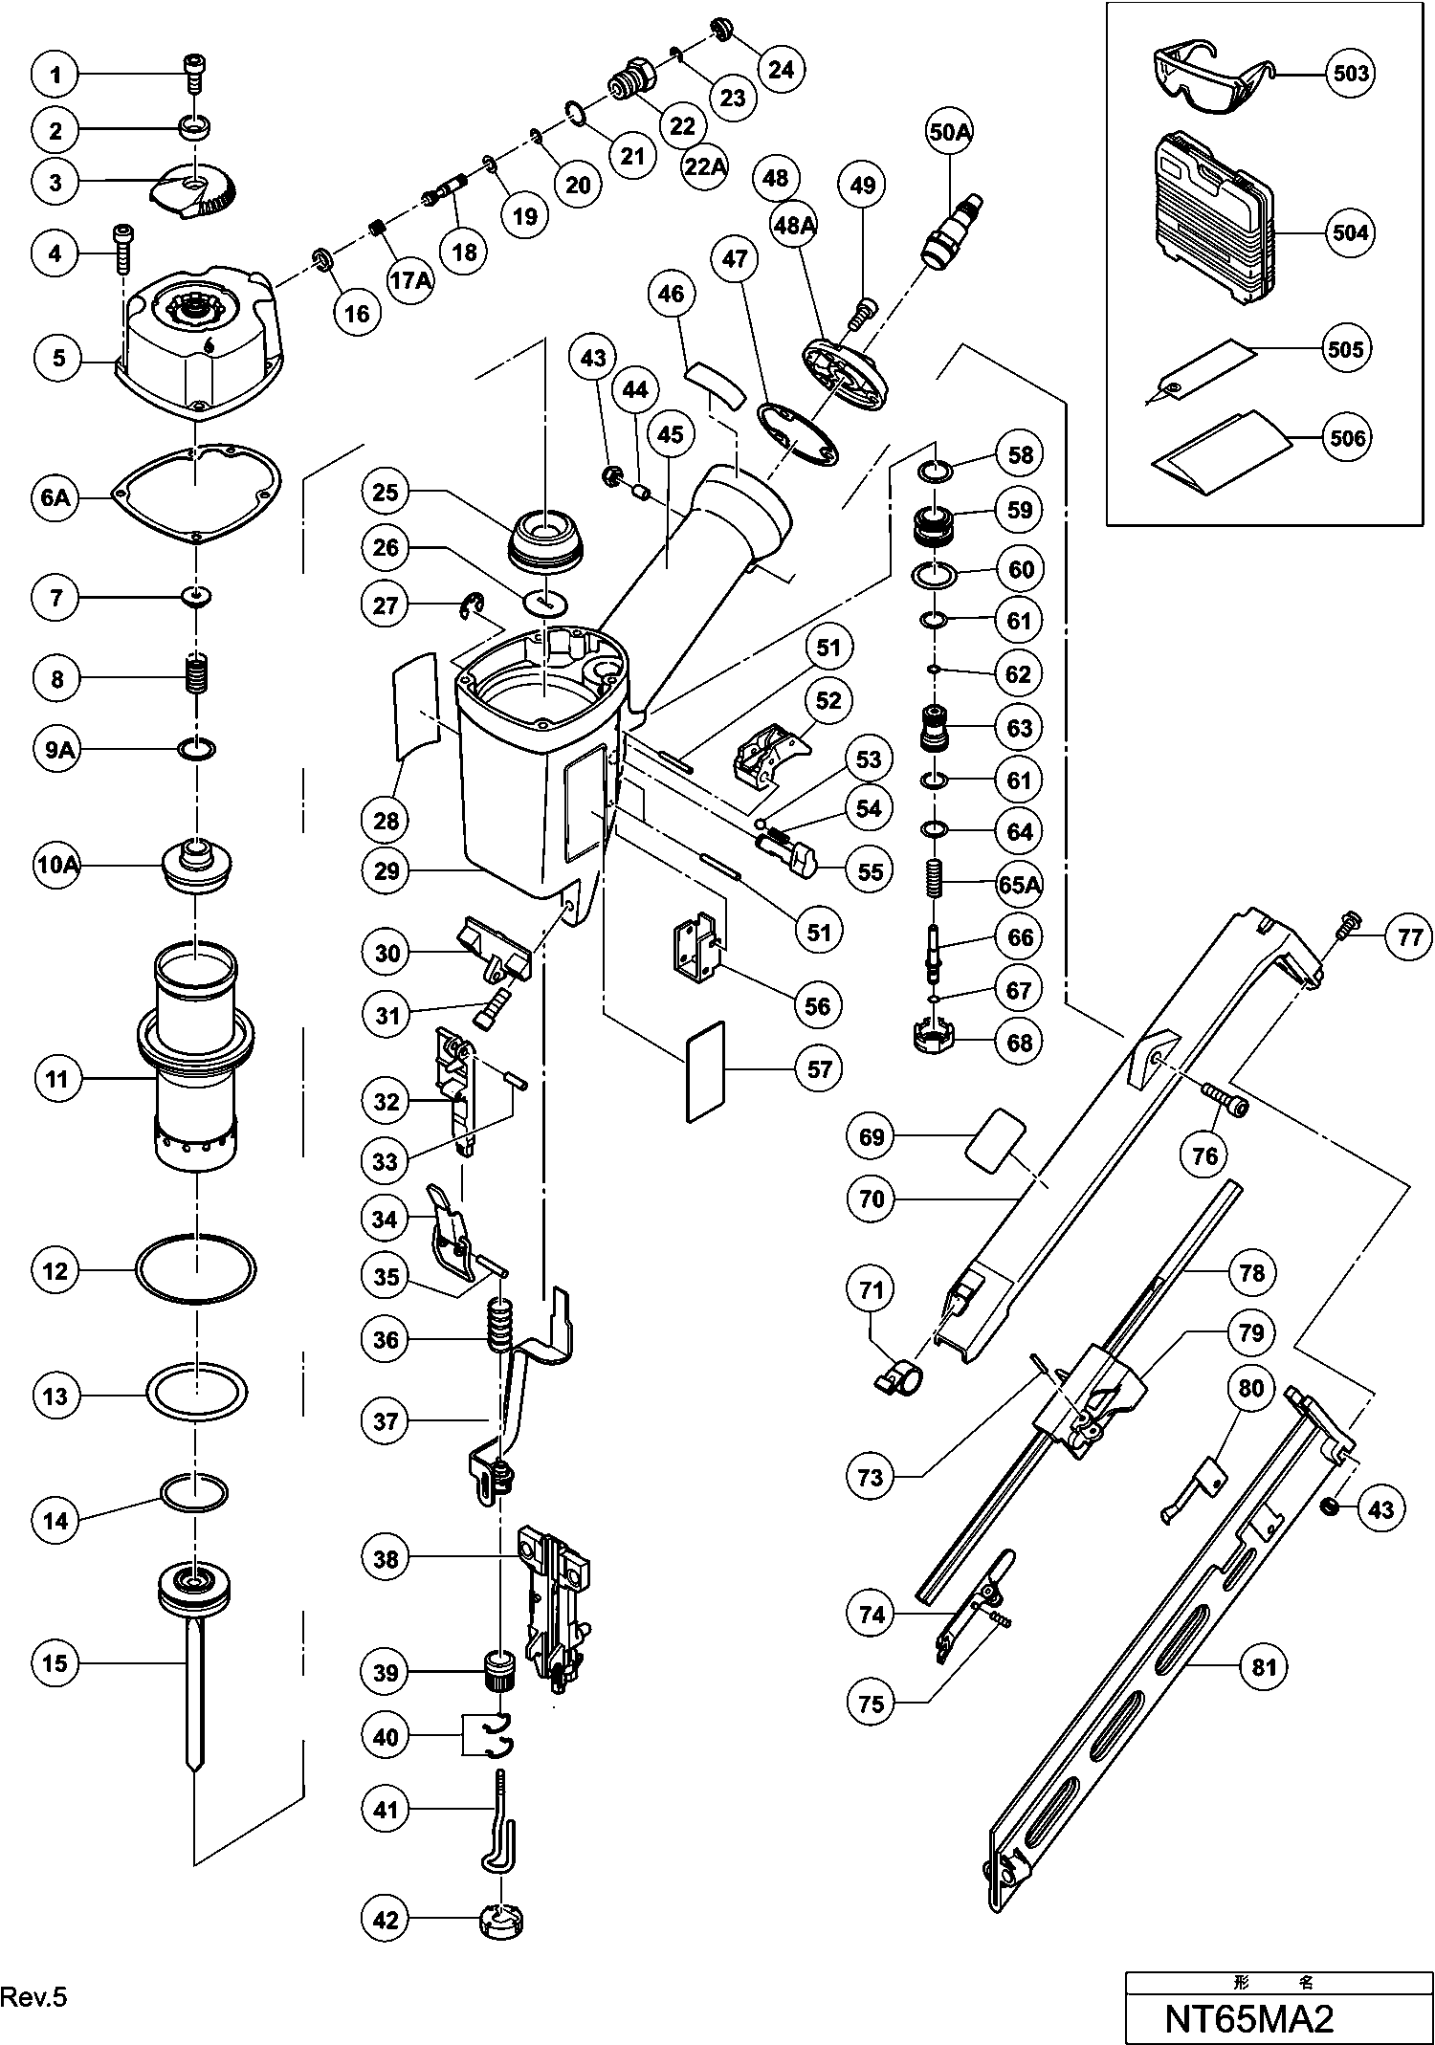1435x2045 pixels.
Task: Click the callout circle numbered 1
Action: tap(55, 75)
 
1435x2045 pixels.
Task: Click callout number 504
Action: tap(1350, 232)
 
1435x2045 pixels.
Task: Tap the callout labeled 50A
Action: tap(950, 133)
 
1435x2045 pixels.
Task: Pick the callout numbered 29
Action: tap(386, 871)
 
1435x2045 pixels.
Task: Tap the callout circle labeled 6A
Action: tap(55, 498)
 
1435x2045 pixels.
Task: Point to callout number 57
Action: tap(820, 1068)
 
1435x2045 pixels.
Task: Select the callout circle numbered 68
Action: tap(1021, 1042)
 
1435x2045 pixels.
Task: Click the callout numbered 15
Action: tap(55, 1663)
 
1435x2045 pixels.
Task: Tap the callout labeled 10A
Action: tap(55, 866)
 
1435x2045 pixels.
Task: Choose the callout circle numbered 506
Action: tap(1350, 437)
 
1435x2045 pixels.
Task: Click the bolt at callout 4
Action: tap(124, 248)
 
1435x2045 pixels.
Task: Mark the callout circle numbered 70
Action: tap(872, 1198)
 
